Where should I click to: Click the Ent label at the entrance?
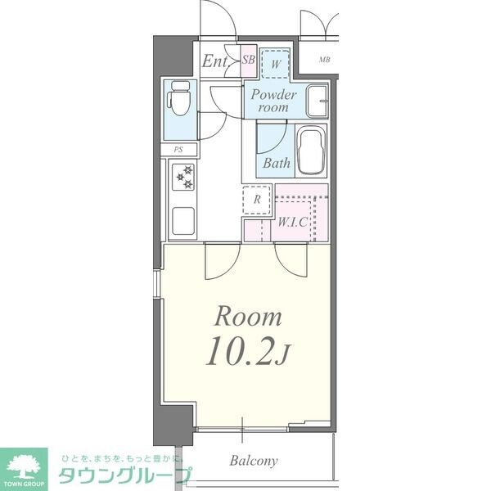click(215, 61)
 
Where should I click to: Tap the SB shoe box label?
click(249, 59)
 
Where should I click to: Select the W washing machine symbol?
click(277, 63)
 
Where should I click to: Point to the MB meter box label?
click(325, 60)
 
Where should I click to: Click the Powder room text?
click(273, 101)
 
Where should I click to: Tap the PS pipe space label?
click(178, 150)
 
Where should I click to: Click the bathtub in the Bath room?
click(309, 151)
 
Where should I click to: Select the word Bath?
click(277, 163)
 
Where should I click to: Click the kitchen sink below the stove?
click(182, 220)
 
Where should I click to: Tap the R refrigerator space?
click(257, 199)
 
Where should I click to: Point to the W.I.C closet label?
click(292, 221)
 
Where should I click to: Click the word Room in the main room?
click(248, 317)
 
